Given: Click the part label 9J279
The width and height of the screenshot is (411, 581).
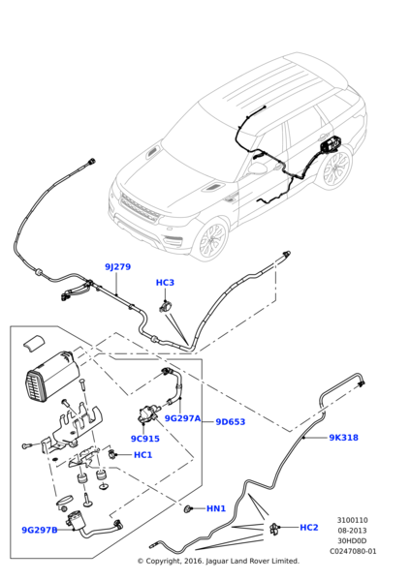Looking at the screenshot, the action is tap(117, 267).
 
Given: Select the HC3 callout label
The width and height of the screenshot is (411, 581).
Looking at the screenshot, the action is tap(165, 283).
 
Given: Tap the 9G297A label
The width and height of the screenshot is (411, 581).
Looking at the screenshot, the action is tap(182, 418).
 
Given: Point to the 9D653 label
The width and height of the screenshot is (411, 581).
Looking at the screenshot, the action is tap(231, 421).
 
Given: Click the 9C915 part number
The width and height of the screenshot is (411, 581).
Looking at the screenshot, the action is tap(145, 439).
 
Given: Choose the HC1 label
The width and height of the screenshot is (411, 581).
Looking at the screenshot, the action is tap(142, 455).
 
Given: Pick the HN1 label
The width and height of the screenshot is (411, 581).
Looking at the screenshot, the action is tap(216, 508).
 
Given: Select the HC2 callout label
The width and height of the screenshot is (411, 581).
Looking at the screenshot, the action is tap(309, 528).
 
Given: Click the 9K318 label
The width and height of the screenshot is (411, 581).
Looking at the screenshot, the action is tap(344, 438).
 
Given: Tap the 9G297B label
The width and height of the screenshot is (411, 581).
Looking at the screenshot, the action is tap(40, 531).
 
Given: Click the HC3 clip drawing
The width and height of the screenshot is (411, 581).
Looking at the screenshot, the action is tap(166, 306).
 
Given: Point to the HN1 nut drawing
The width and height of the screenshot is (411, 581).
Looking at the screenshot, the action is tap(188, 509).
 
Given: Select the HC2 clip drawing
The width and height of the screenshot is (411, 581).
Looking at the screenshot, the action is tap(274, 528).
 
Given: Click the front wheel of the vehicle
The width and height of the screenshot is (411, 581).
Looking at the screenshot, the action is tap(211, 240).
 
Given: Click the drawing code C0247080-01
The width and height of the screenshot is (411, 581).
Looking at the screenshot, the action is tap(353, 551).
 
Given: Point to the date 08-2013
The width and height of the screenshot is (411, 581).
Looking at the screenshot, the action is tap(352, 531).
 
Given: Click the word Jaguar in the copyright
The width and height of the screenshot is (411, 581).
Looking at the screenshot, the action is tap(217, 561).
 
